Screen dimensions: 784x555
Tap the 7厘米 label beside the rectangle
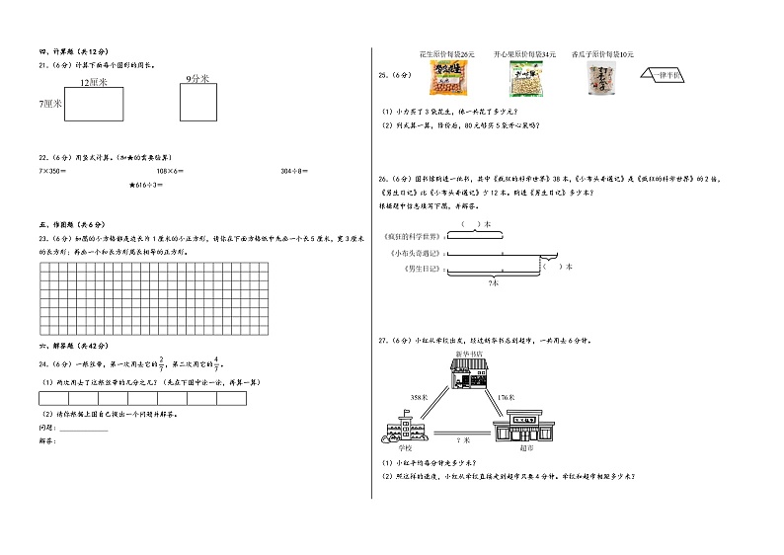pos(50,103)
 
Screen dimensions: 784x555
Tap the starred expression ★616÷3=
pos(146,186)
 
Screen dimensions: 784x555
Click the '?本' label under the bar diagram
pos(493,283)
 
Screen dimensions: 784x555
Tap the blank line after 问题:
pos(84,431)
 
